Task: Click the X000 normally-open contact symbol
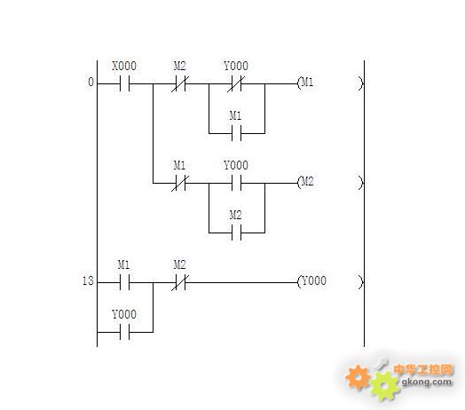[x=124, y=83]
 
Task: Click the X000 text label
[x=124, y=66]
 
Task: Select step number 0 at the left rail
[x=91, y=82]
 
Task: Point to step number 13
[x=88, y=280]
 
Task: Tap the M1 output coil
[x=330, y=83]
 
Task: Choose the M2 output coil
[x=330, y=182]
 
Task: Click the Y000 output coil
[x=330, y=281]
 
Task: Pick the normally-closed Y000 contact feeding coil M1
[x=236, y=83]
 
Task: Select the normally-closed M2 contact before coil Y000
[x=180, y=282]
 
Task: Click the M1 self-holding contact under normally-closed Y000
[x=236, y=133]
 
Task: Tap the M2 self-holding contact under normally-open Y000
[x=236, y=233]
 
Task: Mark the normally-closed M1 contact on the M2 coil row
[x=180, y=183]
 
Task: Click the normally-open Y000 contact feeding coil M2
[x=236, y=183]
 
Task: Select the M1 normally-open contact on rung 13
[x=124, y=282]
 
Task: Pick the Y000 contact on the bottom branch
[x=124, y=332]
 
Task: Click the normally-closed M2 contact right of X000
[x=180, y=83]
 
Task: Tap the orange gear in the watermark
[x=358, y=377]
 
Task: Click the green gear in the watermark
[x=384, y=386]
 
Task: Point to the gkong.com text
[x=427, y=382]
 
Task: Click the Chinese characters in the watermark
[x=423, y=369]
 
